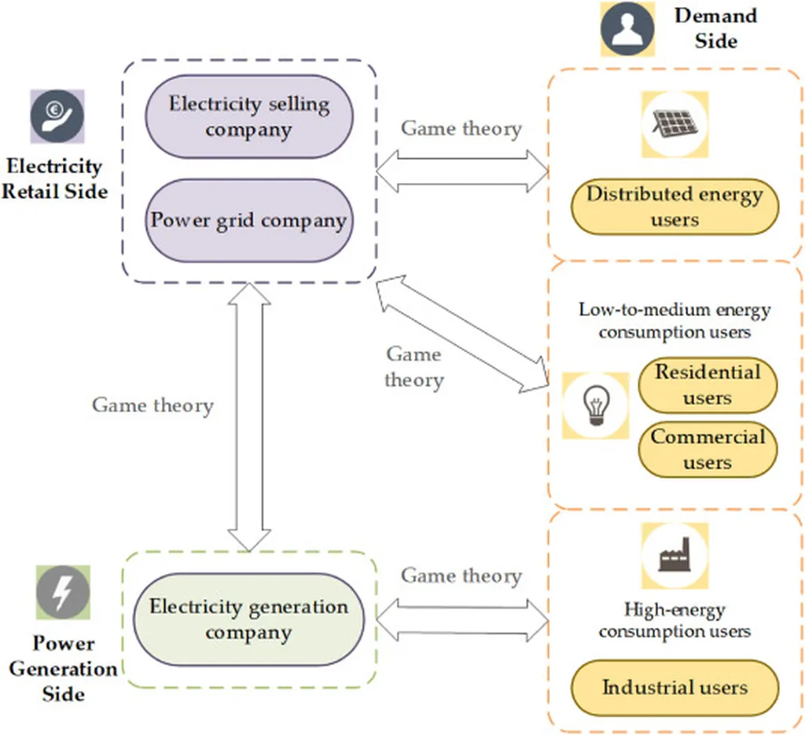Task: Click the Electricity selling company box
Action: pos(248,116)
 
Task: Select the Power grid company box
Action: pos(248,220)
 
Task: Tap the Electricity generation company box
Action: pos(248,619)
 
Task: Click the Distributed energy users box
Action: pos(675,207)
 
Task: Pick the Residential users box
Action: pos(708,385)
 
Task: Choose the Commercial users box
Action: pos(708,450)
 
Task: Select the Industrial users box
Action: pos(675,688)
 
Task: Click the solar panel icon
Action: pos(675,123)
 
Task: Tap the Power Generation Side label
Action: pos(64,668)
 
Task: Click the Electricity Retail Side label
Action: pos(54,178)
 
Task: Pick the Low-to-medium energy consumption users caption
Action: pos(675,320)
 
